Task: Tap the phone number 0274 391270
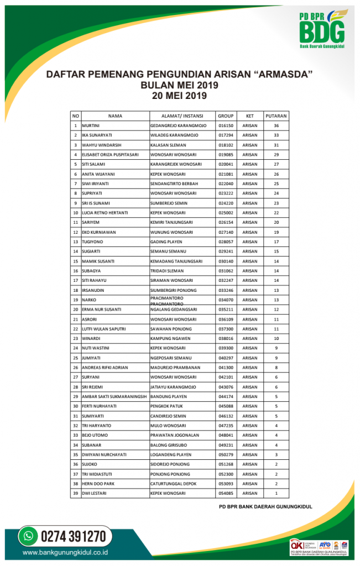click(x=72, y=536)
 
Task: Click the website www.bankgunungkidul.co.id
click(x=65, y=552)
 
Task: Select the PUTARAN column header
click(x=276, y=116)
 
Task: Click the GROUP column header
click(x=226, y=116)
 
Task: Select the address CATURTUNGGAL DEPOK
click(x=173, y=484)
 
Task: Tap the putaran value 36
click(x=276, y=125)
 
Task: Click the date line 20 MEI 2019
click(x=179, y=95)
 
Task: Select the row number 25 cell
click(x=75, y=358)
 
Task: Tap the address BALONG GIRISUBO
click(x=169, y=445)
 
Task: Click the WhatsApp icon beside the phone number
click(x=27, y=536)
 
